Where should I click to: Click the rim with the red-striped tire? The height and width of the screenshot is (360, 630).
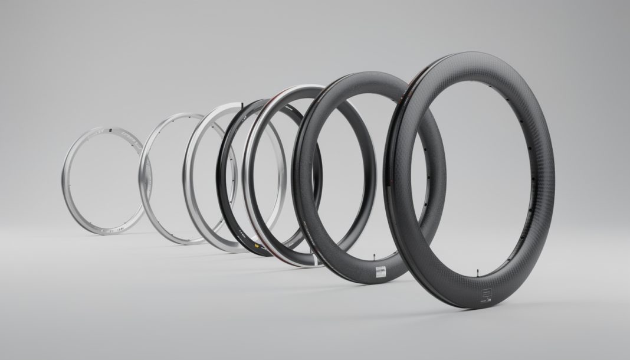point(250,177)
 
